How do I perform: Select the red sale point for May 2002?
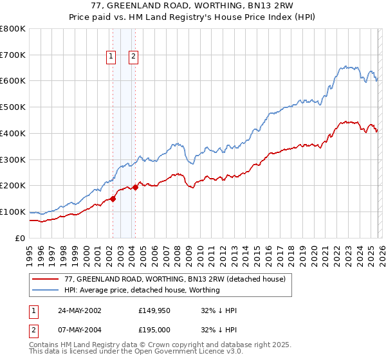(x=113, y=199)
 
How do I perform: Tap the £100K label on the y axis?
(x=13, y=212)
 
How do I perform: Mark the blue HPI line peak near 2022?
(x=346, y=66)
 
